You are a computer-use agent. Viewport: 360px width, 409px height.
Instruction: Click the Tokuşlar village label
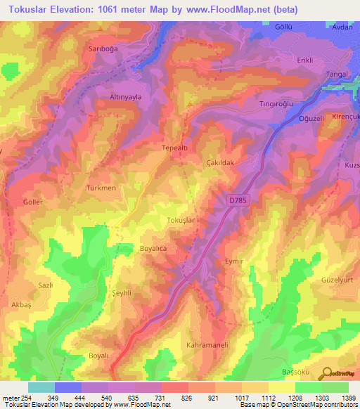pos(181,221)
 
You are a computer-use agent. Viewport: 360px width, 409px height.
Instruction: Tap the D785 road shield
pos(238,201)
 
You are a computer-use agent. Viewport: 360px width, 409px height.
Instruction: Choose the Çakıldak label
pos(219,162)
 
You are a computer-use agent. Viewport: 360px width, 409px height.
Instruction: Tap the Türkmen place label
pos(101,188)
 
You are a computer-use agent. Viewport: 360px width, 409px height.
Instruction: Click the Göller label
pos(33,202)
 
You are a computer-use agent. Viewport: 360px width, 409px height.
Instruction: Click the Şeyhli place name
pos(123,294)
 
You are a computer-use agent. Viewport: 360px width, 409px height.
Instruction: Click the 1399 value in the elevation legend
pos(348,398)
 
